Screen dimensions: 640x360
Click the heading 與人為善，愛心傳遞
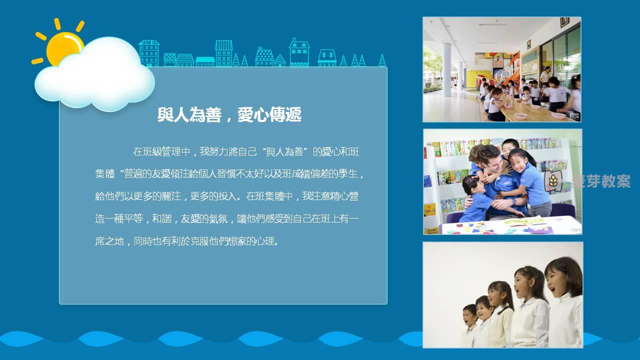229,114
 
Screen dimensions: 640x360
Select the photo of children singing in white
503,295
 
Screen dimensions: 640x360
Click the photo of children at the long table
502,69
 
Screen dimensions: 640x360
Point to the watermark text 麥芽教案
601,181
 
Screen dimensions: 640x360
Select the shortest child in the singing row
469,325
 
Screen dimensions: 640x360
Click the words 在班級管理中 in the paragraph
161,151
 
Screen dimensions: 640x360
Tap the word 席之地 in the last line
109,241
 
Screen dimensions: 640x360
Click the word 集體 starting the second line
105,173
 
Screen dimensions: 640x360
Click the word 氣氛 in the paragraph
218,219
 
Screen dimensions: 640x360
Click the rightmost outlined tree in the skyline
382,60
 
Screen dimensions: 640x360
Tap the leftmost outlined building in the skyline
149,53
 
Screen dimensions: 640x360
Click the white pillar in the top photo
447,70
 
